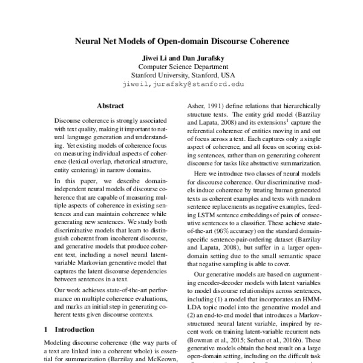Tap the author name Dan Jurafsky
[201, 57]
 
